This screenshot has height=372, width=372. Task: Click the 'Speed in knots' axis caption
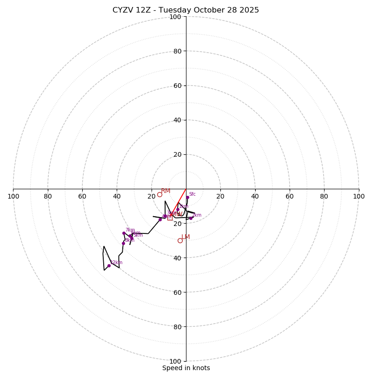[186, 368]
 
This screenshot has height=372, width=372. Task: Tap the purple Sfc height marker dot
[187, 197]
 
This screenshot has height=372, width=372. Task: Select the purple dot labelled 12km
[109, 266]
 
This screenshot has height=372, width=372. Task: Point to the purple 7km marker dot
[124, 233]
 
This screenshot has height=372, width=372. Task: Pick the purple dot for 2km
[191, 218]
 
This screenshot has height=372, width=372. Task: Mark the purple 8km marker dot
[123, 243]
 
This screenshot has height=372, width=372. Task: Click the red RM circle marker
[159, 194]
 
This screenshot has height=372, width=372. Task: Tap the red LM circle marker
[180, 240]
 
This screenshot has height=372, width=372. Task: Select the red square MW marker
[170, 217]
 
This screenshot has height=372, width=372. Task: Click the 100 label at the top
[175, 17]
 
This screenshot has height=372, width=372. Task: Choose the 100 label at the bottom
[175, 361]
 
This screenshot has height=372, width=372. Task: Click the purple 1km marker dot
[178, 209]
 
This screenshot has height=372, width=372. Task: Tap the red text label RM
[166, 191]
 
